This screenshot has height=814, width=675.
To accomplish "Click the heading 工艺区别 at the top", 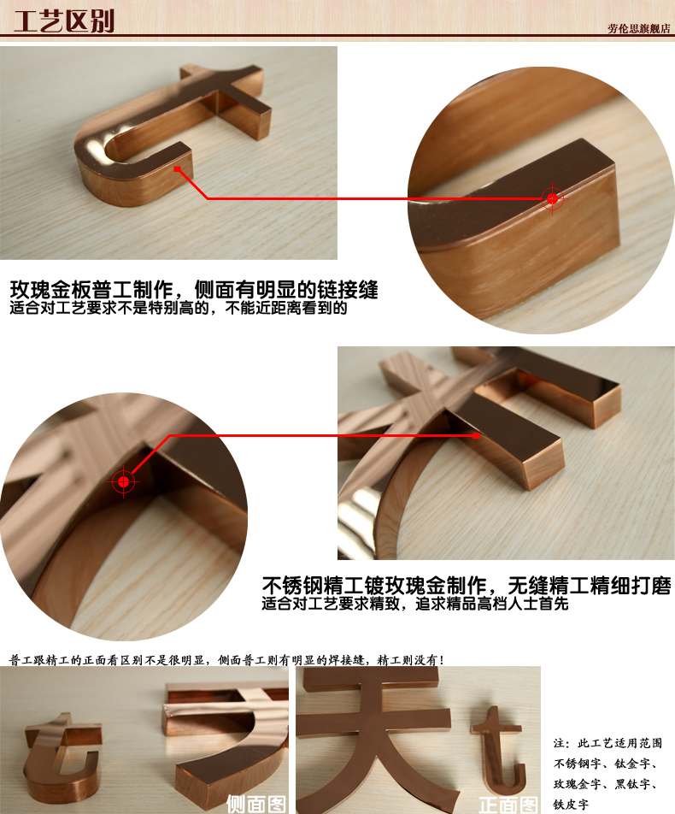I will point(65,20).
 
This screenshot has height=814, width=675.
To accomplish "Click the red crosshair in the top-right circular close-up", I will point(553,199).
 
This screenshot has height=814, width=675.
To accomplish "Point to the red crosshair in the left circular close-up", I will point(124,482).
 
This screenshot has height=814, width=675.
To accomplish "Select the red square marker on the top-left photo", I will point(178,169).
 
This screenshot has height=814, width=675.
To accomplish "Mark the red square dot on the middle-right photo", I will point(476,435).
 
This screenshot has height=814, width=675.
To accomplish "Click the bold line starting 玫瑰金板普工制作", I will point(194,289).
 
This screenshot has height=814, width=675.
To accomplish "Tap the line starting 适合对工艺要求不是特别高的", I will point(179,309).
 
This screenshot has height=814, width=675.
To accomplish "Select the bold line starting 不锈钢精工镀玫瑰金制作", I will point(466,586).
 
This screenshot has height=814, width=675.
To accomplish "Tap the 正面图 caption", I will point(508,804).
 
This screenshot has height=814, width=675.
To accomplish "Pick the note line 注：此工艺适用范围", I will point(607,743).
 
